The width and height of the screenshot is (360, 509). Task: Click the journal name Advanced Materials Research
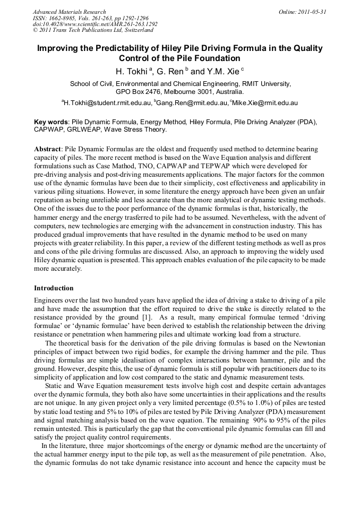click(x=70, y=11)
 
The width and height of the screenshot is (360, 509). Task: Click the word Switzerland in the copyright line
click(x=135, y=30)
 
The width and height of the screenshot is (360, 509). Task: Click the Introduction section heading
click(x=54, y=288)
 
